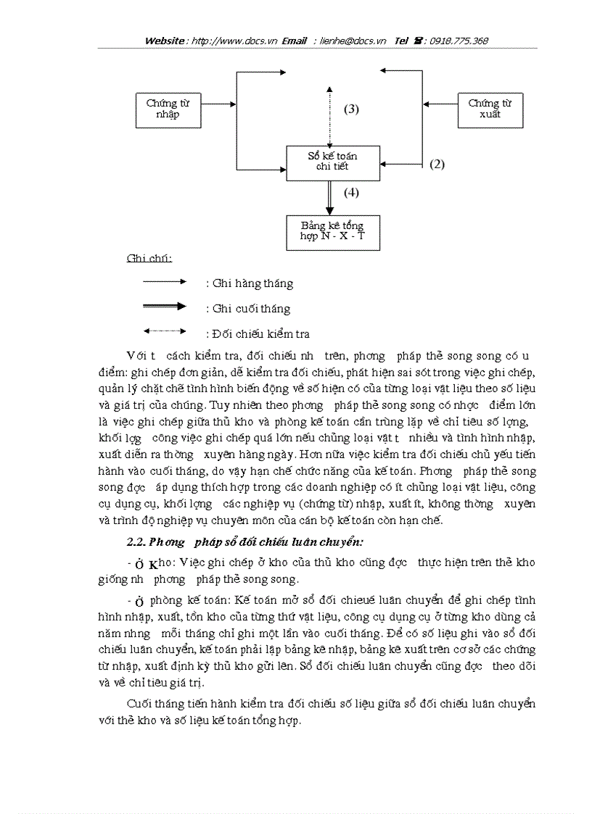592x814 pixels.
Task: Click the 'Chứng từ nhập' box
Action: click(x=168, y=109)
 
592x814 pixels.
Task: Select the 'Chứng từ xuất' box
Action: click(x=490, y=109)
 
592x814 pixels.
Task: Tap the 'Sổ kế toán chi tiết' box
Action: click(x=332, y=162)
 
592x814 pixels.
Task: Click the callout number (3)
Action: click(x=351, y=109)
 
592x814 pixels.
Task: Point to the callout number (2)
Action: click(x=437, y=164)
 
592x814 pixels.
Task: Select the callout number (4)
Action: click(x=351, y=193)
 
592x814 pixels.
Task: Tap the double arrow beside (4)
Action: click(x=330, y=197)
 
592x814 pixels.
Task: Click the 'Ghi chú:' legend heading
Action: click(x=144, y=259)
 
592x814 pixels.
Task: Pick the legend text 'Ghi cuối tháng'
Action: click(x=252, y=309)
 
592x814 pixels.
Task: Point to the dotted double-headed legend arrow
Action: click(x=165, y=331)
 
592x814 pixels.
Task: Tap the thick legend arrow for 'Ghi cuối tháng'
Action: click(x=165, y=307)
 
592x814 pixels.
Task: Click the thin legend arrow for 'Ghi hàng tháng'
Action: click(x=165, y=281)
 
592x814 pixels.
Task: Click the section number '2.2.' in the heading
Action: click(x=137, y=541)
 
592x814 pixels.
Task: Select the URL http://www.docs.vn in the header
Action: click(x=225, y=41)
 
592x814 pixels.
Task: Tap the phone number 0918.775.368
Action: click(x=459, y=41)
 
